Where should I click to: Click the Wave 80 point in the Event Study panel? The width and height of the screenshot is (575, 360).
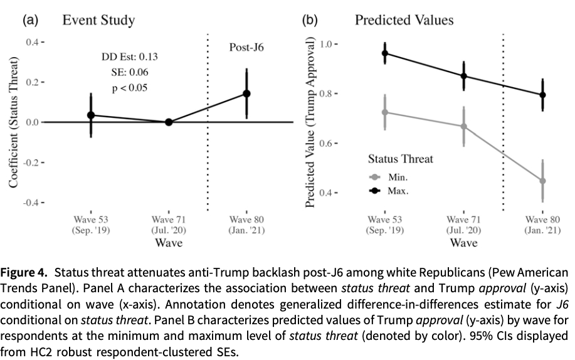pyautogui.click(x=246, y=93)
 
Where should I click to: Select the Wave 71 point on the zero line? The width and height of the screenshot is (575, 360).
pyautogui.click(x=169, y=122)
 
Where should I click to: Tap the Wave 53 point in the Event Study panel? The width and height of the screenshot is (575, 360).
pyautogui.click(x=91, y=115)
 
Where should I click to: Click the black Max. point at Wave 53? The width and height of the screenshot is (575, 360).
pyautogui.click(x=385, y=53)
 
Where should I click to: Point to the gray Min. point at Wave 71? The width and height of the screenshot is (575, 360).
pyautogui.click(x=464, y=126)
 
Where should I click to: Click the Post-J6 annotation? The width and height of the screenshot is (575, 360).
pyautogui.click(x=246, y=47)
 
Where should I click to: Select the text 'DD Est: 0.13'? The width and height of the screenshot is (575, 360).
pyautogui.click(x=130, y=57)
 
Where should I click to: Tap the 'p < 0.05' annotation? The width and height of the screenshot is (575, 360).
pyautogui.click(x=130, y=88)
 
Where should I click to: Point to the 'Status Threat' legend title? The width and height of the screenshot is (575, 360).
pyautogui.click(x=400, y=159)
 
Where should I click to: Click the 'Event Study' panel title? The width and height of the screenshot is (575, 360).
pyautogui.click(x=98, y=20)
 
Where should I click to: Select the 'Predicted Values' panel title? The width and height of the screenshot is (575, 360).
pyautogui.click(x=404, y=20)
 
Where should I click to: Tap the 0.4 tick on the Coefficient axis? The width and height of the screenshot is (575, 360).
pyautogui.click(x=32, y=42)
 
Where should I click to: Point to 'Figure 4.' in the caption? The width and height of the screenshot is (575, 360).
pyautogui.click(x=24, y=273)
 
